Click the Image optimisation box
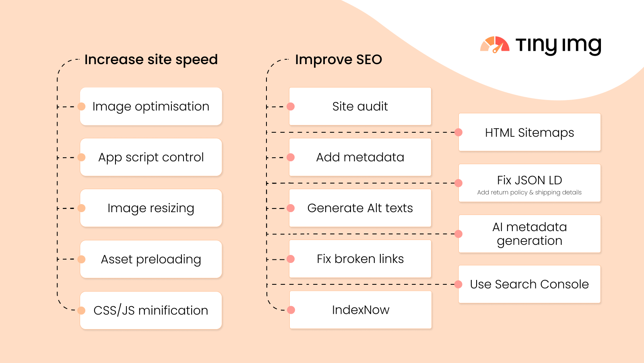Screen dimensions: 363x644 pyautogui.click(x=151, y=106)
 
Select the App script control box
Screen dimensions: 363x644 pyautogui.click(x=151, y=157)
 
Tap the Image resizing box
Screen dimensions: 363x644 pyautogui.click(x=151, y=208)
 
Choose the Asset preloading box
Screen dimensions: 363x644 pyautogui.click(x=151, y=259)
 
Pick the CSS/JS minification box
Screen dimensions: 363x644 pyautogui.click(x=151, y=310)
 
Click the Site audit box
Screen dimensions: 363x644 pyautogui.click(x=360, y=106)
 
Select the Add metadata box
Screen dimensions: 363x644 pyautogui.click(x=360, y=157)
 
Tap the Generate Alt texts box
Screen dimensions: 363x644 pyautogui.click(x=360, y=208)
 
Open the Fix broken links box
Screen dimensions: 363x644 pyautogui.click(x=360, y=259)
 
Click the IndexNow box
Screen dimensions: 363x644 pyautogui.click(x=361, y=310)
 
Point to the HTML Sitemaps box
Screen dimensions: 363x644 pyautogui.click(x=530, y=132)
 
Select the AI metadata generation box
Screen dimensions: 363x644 pyautogui.click(x=530, y=234)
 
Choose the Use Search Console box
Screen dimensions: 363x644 pyautogui.click(x=530, y=284)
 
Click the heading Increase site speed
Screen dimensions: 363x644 pyautogui.click(x=151, y=60)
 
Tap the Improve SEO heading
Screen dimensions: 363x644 pyautogui.click(x=339, y=60)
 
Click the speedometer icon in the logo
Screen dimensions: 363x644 pyautogui.click(x=495, y=45)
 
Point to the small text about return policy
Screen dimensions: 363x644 pyautogui.click(x=529, y=192)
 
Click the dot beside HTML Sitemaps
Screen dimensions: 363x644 pyautogui.click(x=458, y=132)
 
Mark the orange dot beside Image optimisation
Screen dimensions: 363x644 pyautogui.click(x=81, y=106)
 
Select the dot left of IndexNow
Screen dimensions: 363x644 pyautogui.click(x=291, y=310)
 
